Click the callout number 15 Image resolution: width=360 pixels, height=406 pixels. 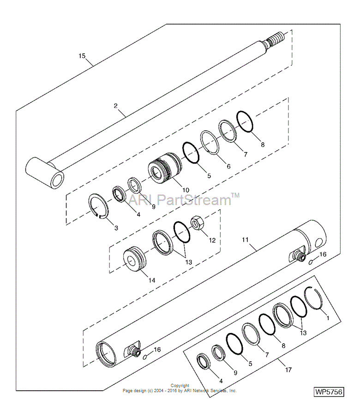coord(82,56)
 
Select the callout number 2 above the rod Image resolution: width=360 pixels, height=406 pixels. coord(116,105)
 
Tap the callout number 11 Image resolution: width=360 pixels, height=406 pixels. coord(245,240)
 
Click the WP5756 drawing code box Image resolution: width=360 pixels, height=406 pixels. coord(329,392)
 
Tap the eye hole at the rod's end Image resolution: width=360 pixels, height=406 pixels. coord(58,180)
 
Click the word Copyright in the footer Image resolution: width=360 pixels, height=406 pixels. coord(180,386)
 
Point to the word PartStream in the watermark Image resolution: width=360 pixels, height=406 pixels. coord(194,200)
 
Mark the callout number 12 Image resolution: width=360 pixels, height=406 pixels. coord(212,241)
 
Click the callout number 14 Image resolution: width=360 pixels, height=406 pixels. coord(152,280)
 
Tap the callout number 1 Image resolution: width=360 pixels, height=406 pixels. coord(328,318)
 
